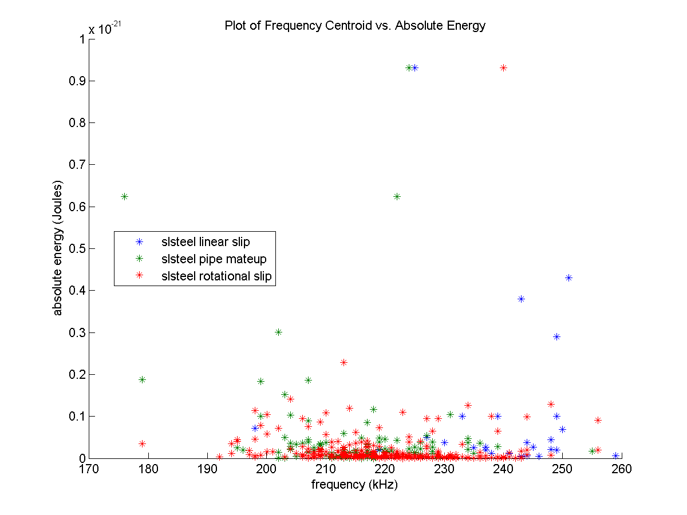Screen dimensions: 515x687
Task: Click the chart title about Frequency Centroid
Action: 355,26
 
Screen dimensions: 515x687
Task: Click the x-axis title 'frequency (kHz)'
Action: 354,485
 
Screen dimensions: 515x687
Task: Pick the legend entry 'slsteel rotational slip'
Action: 216,276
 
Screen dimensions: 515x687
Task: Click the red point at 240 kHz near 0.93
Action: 503,68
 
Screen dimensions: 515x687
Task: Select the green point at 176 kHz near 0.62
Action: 124,196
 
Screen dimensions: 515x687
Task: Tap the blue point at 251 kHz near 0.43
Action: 568,278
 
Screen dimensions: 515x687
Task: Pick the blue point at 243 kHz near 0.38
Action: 521,299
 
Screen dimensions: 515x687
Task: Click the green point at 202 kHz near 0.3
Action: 278,332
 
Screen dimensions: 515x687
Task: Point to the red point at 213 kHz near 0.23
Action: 343,362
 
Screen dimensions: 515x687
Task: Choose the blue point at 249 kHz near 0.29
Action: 556,336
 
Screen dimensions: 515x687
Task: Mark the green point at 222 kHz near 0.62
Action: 397,196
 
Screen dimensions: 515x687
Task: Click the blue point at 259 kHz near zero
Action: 615,456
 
